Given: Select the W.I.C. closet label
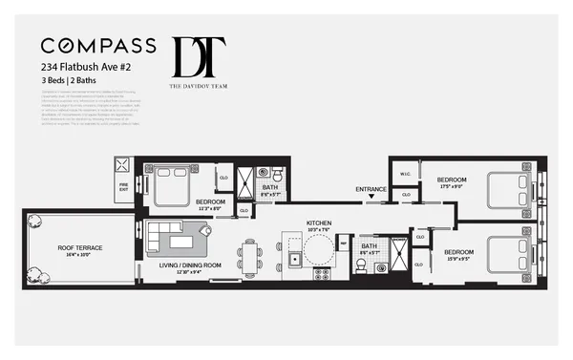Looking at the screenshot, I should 404,173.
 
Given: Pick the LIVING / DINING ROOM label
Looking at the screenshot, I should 190,265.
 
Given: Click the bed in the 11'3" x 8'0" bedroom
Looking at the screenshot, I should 168,187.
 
